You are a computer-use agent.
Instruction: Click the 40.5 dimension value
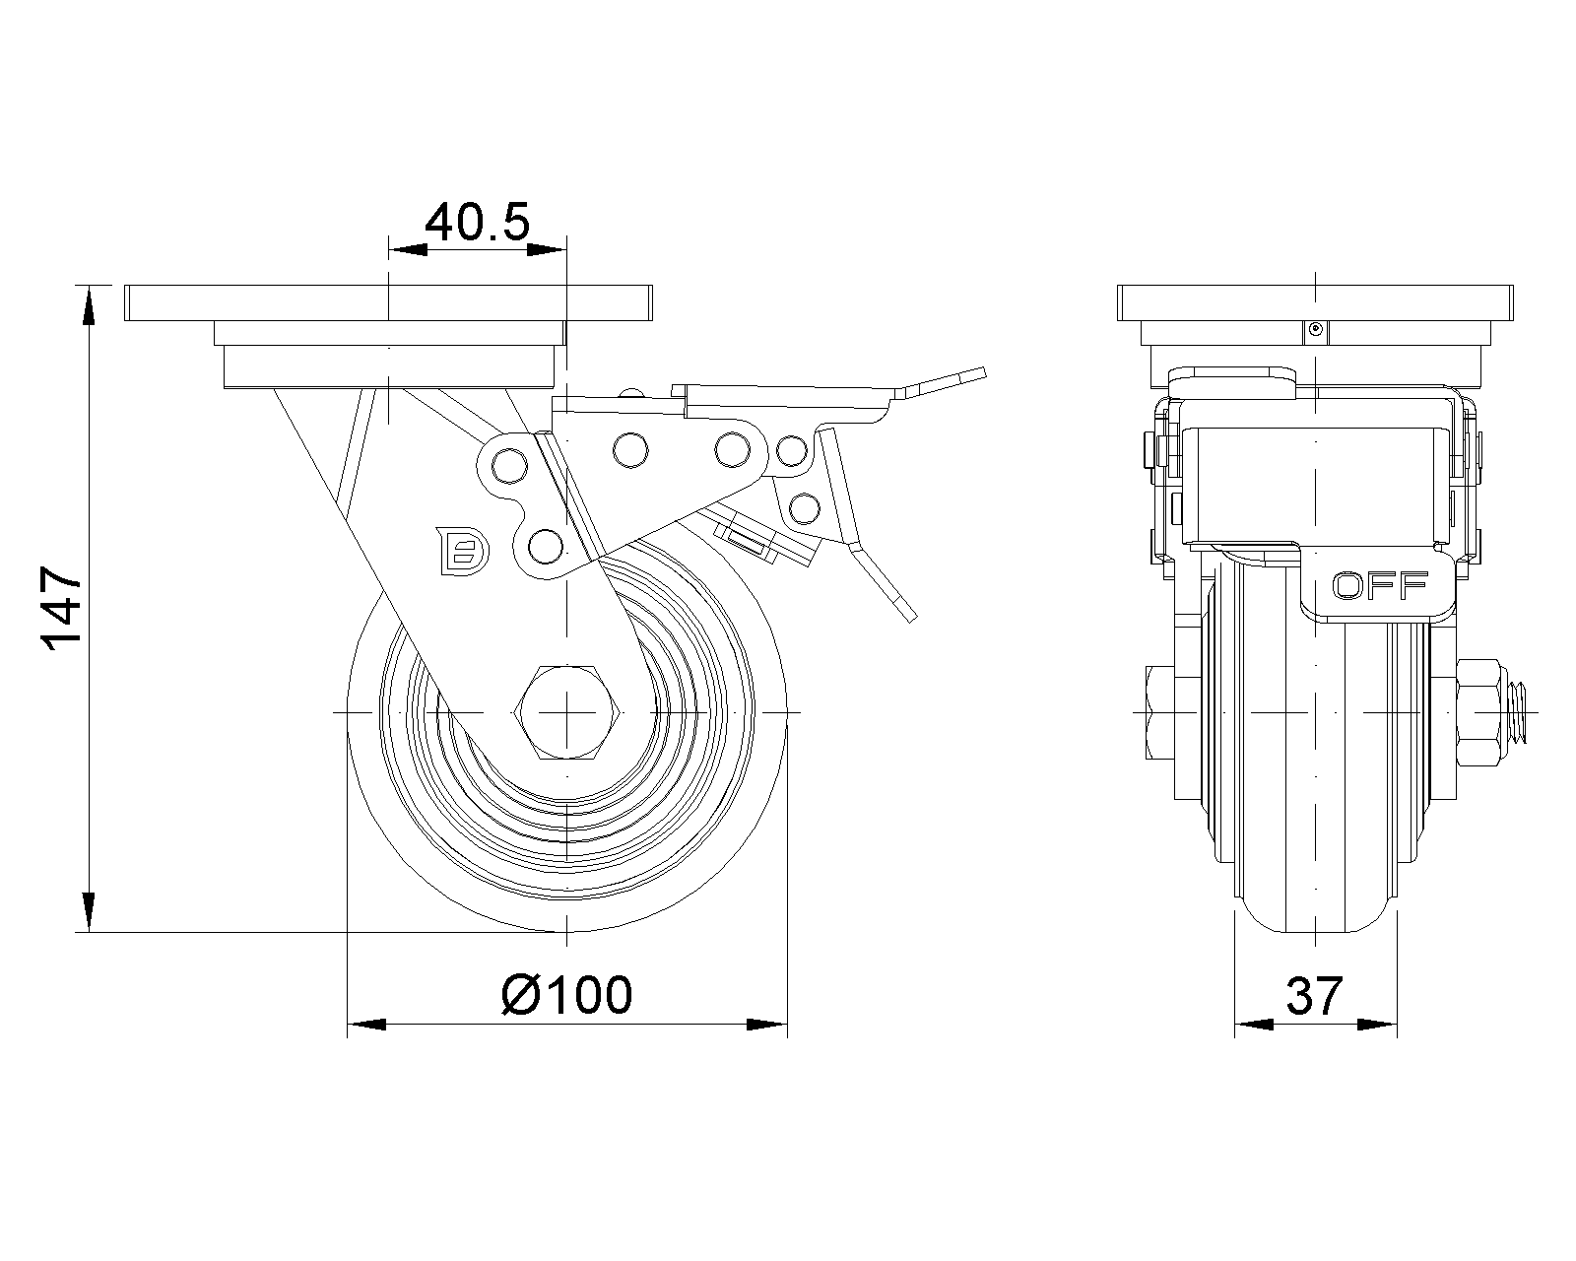point(477,223)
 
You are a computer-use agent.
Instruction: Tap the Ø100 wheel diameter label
point(566,995)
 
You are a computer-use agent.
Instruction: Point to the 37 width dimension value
point(1314,996)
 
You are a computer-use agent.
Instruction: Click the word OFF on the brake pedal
point(1379,586)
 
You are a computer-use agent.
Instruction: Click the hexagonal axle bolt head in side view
point(566,711)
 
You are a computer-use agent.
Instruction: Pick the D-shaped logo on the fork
point(461,549)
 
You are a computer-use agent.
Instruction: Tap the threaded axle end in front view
point(1522,711)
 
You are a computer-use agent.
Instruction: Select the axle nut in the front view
point(1481,711)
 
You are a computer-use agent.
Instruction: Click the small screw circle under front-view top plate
point(1314,331)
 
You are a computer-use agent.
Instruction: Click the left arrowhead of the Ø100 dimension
point(366,1026)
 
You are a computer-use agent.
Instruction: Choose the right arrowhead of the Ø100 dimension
point(768,1026)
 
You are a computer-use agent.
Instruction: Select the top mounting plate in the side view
point(389,302)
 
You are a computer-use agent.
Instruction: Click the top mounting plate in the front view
point(1314,302)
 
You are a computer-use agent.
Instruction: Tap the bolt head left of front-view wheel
point(1161,711)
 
